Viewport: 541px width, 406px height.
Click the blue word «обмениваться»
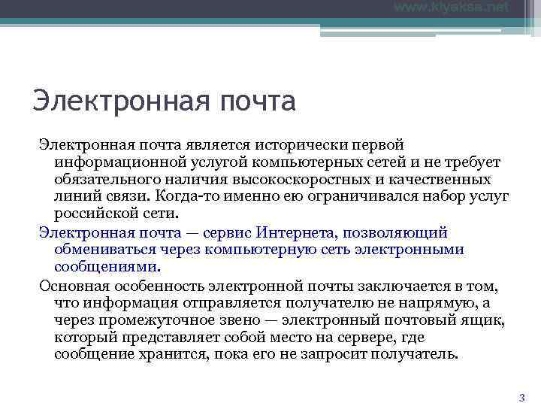click(103, 250)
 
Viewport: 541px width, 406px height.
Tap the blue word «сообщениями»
click(106, 267)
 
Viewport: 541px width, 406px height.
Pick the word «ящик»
click(485, 320)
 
